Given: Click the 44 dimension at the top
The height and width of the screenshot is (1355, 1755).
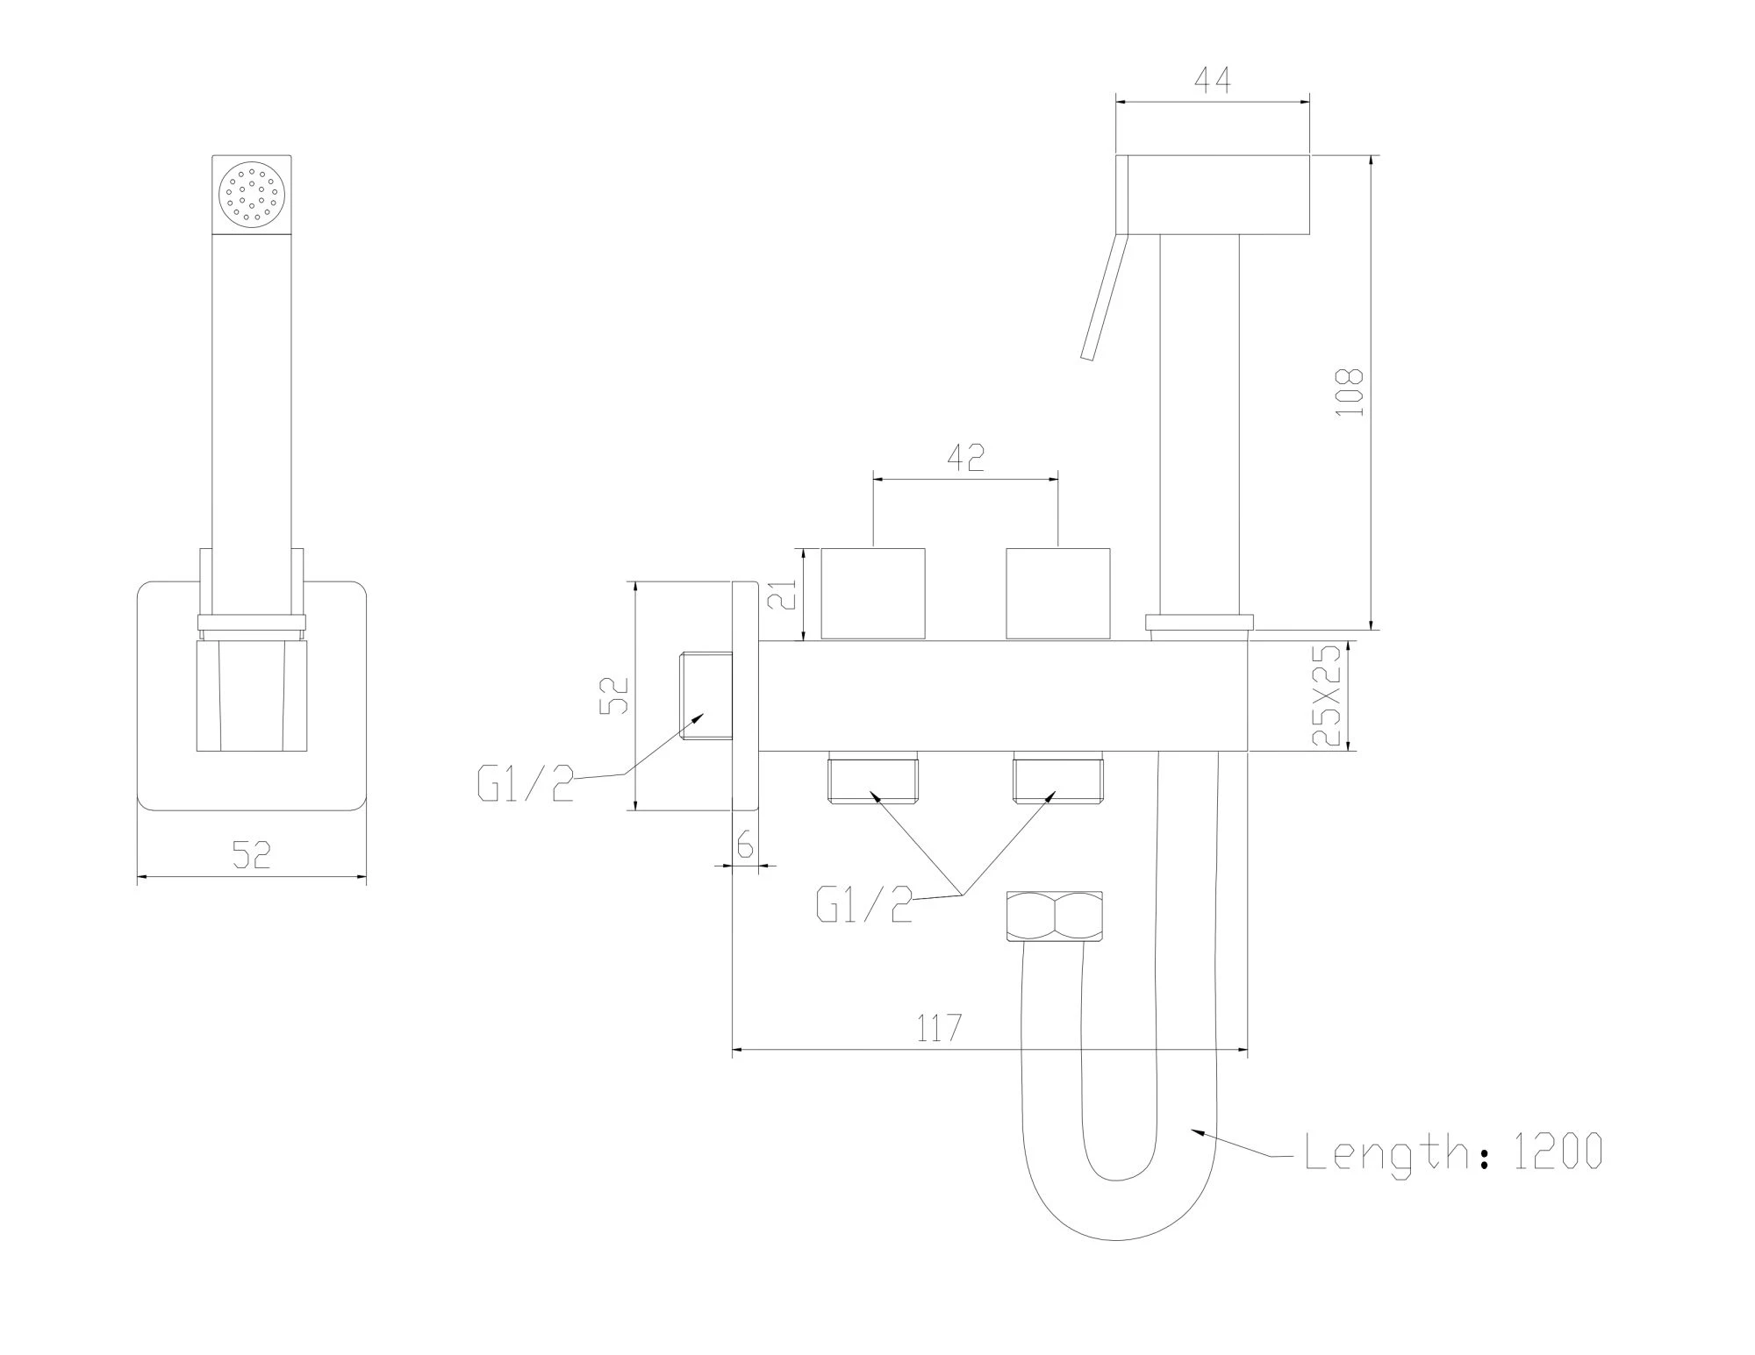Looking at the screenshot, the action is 1213,81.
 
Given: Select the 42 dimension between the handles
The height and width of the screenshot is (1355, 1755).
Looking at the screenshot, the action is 965,458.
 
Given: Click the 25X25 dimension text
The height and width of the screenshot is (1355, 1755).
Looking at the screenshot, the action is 1328,695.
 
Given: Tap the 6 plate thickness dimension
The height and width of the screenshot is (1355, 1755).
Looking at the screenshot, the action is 745,845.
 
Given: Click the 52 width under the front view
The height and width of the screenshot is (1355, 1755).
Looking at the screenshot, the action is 251,854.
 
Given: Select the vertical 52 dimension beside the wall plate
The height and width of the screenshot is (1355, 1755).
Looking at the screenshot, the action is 615,695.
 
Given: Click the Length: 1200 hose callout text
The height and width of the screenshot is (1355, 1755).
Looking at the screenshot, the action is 1453,1151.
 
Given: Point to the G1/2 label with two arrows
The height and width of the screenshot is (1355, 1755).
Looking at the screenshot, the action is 864,904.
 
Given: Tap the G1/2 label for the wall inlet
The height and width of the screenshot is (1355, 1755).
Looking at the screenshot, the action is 526,783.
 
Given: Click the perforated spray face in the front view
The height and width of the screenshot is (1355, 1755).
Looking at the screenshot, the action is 253,194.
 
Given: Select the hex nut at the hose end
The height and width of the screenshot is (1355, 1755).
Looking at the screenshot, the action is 1055,916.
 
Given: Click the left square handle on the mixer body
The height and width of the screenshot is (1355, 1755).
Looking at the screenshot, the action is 873,594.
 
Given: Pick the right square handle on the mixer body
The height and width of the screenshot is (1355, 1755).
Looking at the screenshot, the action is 1057,594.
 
